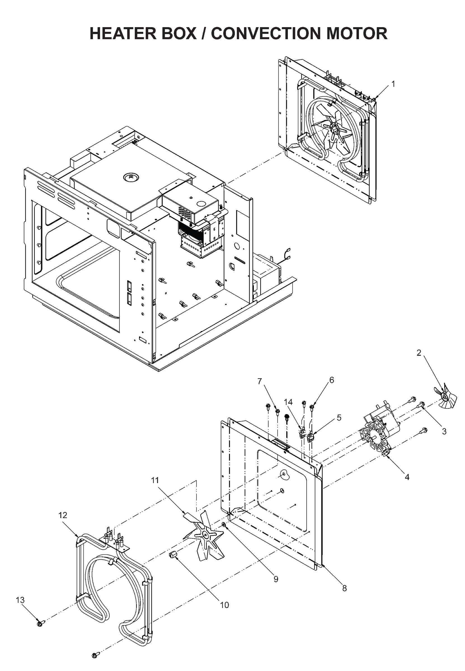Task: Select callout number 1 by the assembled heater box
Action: (x=393, y=84)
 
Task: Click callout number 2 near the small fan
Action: (x=419, y=353)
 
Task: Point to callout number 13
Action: (x=20, y=600)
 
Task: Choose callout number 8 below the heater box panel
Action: (x=344, y=588)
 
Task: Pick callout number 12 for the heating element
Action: (x=63, y=515)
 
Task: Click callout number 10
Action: (x=224, y=605)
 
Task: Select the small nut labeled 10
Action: (x=173, y=555)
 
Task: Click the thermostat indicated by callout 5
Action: (x=311, y=437)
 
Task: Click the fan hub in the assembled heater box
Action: (x=334, y=128)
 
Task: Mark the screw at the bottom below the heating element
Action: (x=95, y=655)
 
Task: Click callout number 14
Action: (x=288, y=402)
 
